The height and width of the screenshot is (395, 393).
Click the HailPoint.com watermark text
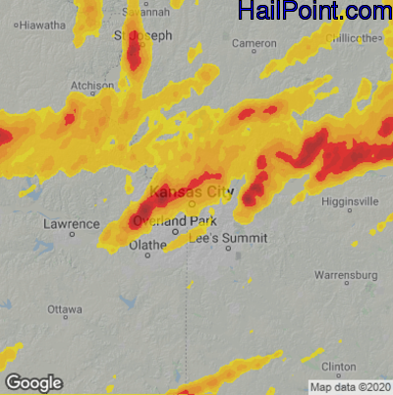[x=314, y=12]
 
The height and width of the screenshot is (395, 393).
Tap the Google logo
[x=33, y=383]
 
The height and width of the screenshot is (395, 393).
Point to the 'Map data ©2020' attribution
[x=350, y=386]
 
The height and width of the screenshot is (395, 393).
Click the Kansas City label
[x=191, y=192]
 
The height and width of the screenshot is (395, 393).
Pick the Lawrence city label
[x=72, y=224]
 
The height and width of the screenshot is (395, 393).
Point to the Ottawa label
[x=65, y=309]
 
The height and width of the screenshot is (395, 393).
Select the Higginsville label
[x=351, y=201]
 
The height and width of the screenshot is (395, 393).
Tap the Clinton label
[x=339, y=365]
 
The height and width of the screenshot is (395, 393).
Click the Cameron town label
[x=253, y=43]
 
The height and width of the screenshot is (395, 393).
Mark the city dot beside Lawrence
[x=72, y=236]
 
